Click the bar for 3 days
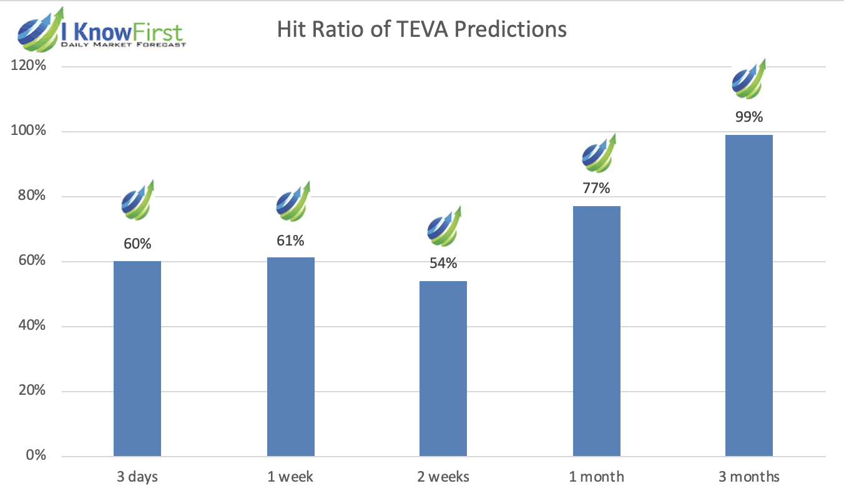[137, 359]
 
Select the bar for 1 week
[291, 357]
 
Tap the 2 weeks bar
[443, 369]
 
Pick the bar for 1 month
[596, 331]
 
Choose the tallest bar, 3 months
[749, 295]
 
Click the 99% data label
[749, 117]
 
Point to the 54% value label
[443, 263]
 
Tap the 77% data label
[596, 188]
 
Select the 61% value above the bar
[290, 241]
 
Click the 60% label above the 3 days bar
[137, 244]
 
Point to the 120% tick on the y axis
[28, 65]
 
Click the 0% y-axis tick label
[36, 455]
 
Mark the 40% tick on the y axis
[32, 325]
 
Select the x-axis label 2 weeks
[443, 477]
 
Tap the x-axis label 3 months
[749, 477]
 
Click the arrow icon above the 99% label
[749, 79]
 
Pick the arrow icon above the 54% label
[444, 226]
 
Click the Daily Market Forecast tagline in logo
[124, 45]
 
